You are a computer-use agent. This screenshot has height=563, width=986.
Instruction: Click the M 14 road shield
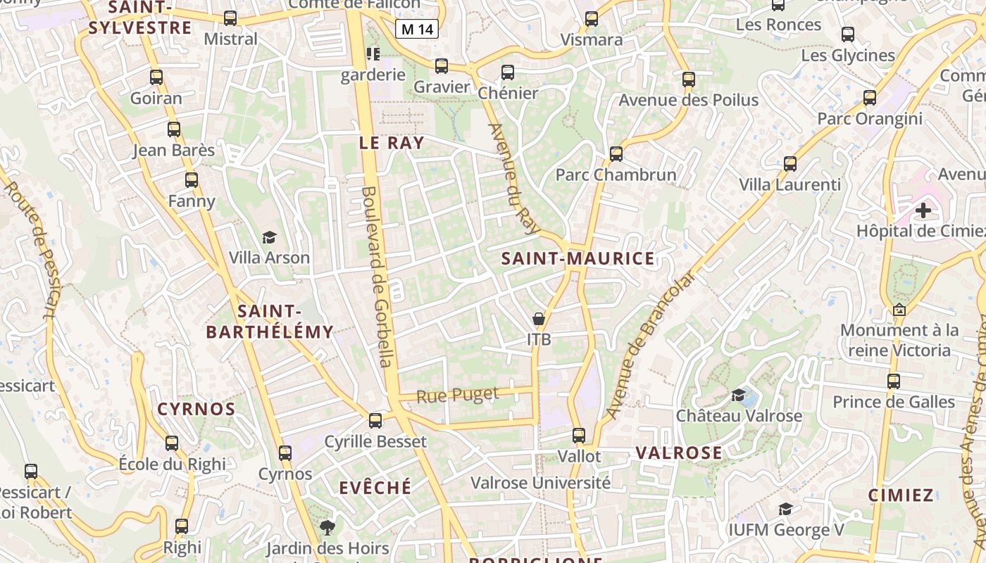click(x=416, y=29)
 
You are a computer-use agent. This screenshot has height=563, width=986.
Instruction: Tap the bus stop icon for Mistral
click(x=230, y=18)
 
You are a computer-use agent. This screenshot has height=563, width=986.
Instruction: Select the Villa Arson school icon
click(x=269, y=238)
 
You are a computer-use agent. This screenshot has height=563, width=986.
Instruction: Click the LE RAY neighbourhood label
click(x=392, y=143)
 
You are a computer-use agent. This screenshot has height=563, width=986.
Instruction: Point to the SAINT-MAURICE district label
click(x=578, y=259)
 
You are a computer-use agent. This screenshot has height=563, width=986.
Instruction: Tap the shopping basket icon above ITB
click(x=539, y=319)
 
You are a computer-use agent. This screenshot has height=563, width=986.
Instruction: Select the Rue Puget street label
click(x=458, y=396)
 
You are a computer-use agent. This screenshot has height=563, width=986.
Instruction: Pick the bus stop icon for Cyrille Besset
click(x=375, y=421)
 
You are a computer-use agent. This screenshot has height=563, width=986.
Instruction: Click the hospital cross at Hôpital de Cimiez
click(x=923, y=210)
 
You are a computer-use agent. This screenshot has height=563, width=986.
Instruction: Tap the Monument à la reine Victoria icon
click(x=899, y=309)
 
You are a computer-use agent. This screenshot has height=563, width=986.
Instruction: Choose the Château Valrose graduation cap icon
click(x=738, y=396)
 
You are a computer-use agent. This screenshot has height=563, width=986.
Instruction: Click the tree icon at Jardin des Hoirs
click(x=327, y=527)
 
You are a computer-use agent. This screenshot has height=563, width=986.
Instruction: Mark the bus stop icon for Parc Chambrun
click(x=616, y=153)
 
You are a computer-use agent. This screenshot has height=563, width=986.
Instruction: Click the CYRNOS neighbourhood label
click(x=196, y=410)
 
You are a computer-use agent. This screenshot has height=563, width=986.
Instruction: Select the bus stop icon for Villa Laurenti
click(x=790, y=164)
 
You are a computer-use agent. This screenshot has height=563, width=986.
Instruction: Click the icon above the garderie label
click(x=373, y=53)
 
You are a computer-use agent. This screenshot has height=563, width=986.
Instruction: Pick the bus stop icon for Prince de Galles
click(x=893, y=381)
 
